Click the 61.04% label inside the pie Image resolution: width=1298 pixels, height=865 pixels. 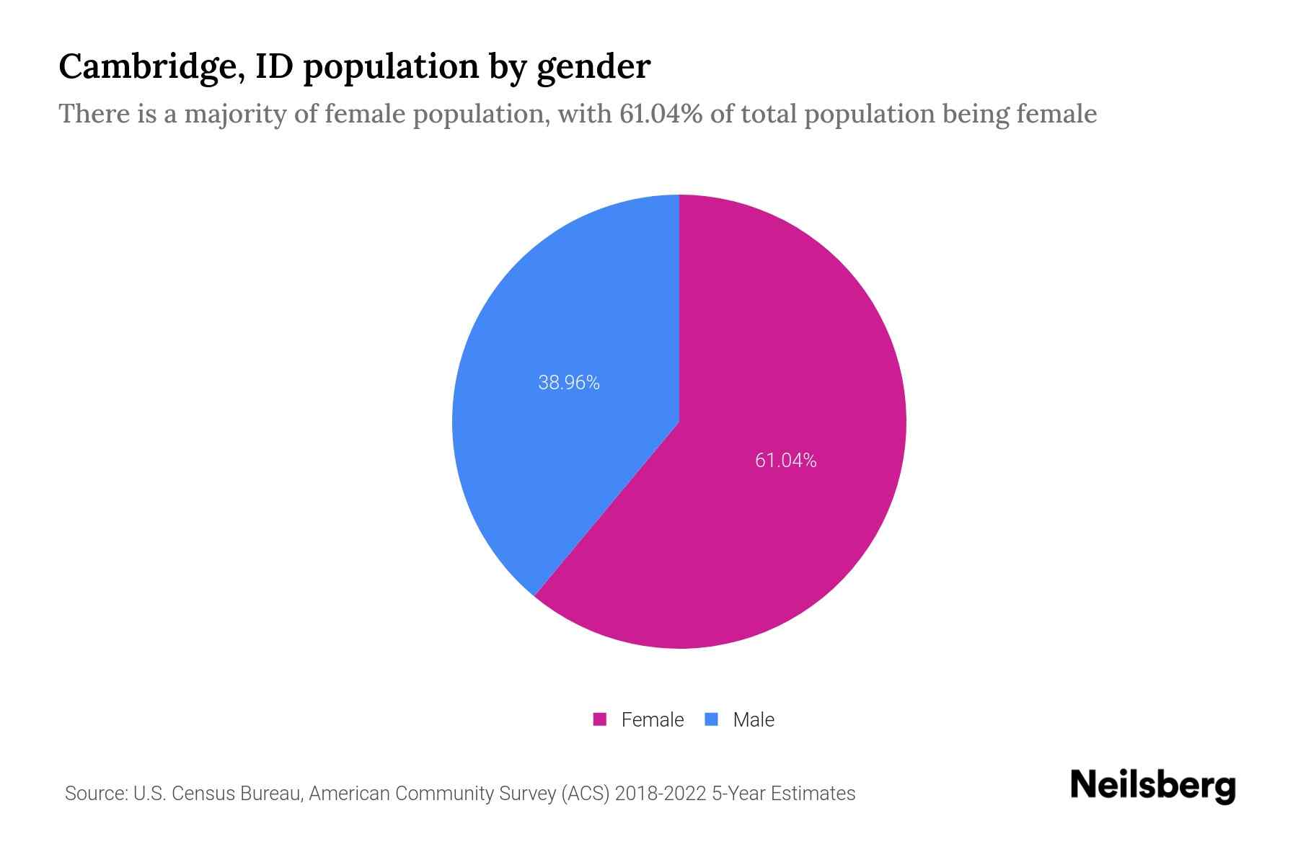[x=785, y=460]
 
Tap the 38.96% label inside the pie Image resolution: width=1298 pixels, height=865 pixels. [x=569, y=383]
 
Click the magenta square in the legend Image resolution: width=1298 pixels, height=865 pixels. [x=600, y=719]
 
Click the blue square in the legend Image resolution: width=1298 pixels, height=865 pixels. [x=712, y=719]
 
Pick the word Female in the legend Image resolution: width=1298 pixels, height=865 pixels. [x=652, y=719]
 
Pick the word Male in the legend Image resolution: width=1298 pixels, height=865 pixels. [x=754, y=719]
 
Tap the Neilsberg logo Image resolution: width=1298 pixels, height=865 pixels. [x=1152, y=786]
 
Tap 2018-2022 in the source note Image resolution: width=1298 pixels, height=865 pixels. [x=661, y=794]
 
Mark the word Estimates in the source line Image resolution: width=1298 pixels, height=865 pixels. [x=813, y=794]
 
